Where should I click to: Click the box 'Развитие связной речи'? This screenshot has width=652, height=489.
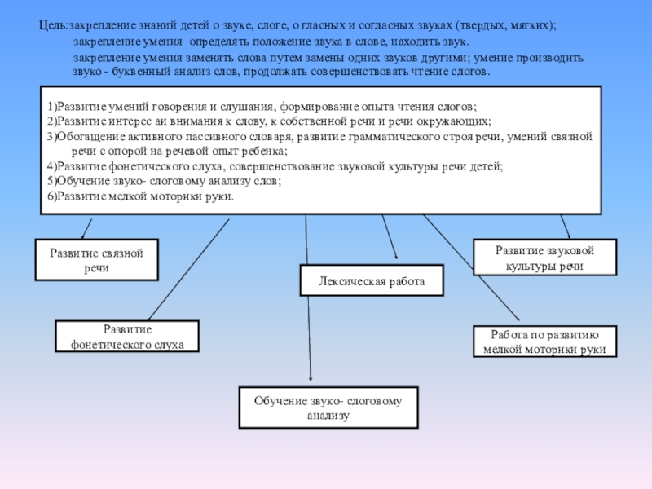click(x=96, y=260)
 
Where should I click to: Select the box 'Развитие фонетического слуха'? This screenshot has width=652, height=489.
click(x=126, y=337)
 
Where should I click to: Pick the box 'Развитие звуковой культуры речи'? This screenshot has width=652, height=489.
click(x=544, y=258)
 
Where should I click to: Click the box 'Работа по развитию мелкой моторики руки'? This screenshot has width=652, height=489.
click(x=544, y=341)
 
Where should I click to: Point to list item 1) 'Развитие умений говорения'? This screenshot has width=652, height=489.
click(x=261, y=107)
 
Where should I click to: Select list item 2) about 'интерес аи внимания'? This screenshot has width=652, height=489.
click(x=269, y=121)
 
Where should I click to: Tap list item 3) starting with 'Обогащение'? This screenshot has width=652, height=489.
click(x=318, y=136)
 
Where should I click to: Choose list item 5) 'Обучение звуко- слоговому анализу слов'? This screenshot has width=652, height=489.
click(x=163, y=181)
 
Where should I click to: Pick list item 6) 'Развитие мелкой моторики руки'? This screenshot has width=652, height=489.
click(x=140, y=196)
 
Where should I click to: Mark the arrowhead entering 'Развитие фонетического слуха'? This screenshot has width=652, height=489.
click(x=148, y=317)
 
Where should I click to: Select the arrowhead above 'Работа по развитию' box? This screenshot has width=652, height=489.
click(x=516, y=318)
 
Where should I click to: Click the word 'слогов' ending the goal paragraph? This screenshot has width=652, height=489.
click(x=469, y=72)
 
